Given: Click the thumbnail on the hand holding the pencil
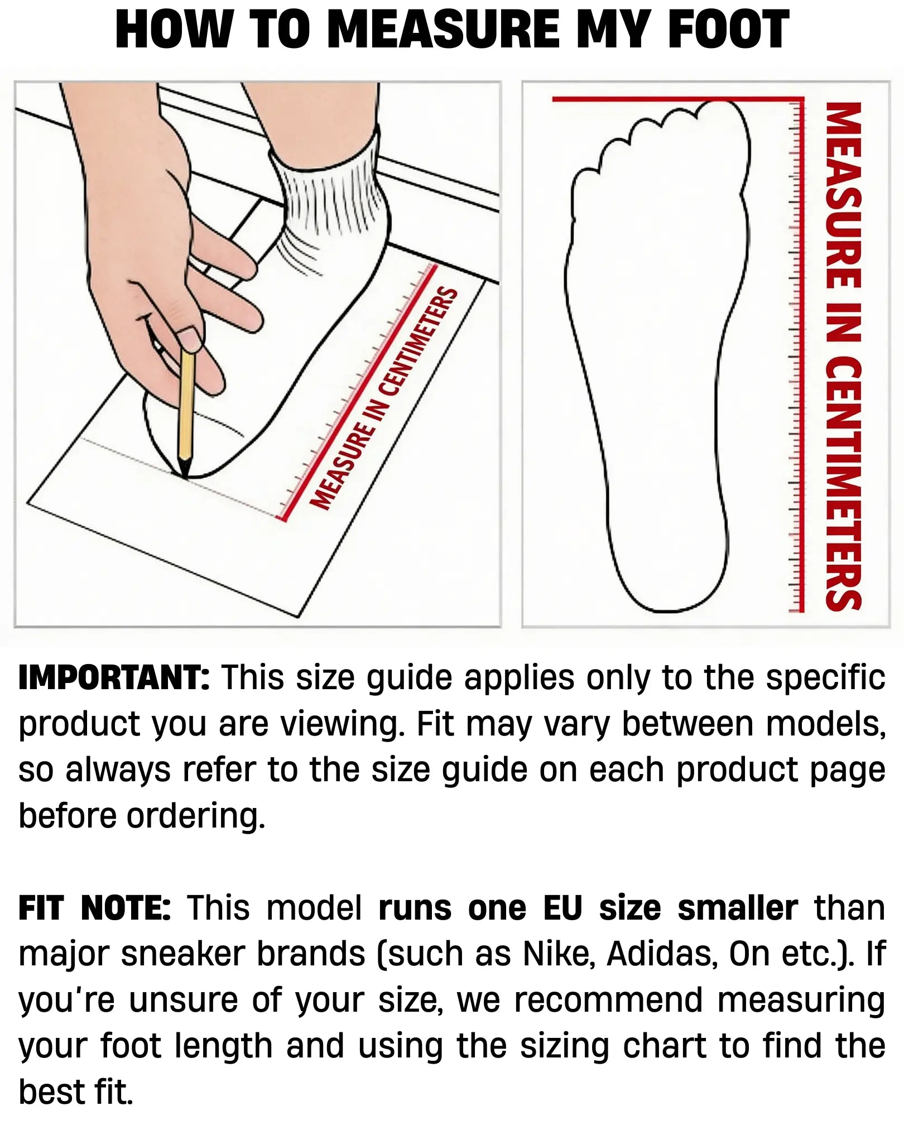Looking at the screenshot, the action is tap(189, 339).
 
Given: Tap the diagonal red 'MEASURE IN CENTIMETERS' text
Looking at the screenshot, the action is tap(384, 399).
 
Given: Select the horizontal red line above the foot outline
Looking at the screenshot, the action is tap(678, 99).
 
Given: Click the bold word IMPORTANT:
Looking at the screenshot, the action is tap(114, 678).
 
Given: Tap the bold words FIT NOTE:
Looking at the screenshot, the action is tap(95, 908).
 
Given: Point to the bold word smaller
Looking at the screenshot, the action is tap(738, 908).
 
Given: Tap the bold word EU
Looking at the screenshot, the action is tap(562, 908).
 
